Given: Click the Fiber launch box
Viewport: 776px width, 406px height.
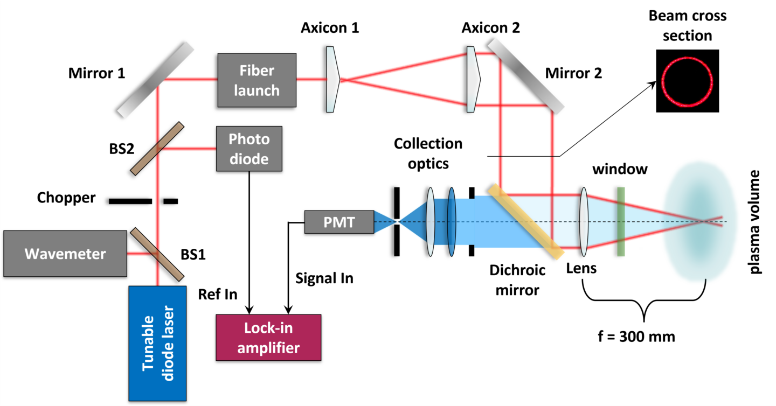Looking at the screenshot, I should [257, 81].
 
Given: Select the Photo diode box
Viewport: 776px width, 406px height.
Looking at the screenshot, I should [248, 149].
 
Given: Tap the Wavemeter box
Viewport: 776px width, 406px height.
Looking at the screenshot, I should [64, 254].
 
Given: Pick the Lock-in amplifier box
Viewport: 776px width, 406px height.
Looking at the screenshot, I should [268, 337].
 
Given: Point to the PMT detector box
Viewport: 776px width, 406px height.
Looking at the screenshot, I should [339, 222].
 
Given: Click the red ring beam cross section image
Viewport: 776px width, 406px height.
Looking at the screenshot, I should [687, 81].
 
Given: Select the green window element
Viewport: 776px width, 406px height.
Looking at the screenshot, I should [621, 221].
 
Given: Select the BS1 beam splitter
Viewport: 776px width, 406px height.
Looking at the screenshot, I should [157, 254].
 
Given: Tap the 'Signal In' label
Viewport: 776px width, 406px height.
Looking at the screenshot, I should [324, 278].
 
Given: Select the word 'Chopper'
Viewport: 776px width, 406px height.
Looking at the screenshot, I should [66, 198].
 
